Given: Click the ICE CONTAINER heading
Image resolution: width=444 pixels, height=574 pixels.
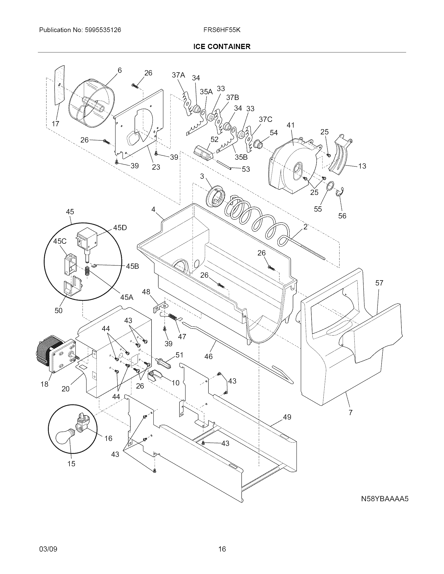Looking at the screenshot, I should [x=222, y=47].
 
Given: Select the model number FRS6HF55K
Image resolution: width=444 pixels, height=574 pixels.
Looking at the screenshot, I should [x=222, y=30].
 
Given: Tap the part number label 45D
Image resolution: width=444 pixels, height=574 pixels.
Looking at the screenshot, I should [x=120, y=228].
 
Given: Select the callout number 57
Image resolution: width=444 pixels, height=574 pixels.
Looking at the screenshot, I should [x=379, y=283].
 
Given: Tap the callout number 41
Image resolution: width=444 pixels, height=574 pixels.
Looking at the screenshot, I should [x=290, y=125].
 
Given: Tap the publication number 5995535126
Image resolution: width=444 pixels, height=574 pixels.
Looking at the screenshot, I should [x=103, y=30].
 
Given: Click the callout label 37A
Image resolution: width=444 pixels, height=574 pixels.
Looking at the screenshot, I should [x=178, y=75].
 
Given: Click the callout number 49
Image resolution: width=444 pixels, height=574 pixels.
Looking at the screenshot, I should [x=287, y=417].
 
